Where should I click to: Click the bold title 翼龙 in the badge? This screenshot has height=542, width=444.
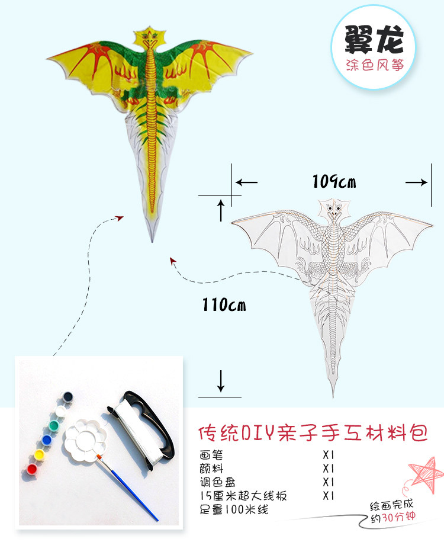point(375,42)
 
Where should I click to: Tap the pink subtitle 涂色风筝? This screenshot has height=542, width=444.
point(375,65)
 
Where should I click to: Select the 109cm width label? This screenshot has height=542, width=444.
point(334,181)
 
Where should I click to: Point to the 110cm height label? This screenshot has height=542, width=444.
point(223,305)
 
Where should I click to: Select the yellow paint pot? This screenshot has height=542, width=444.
point(40,455)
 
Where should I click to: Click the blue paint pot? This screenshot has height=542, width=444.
point(47,440)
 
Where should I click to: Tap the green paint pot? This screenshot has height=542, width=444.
point(54,425)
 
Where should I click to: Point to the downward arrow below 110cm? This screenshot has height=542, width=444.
point(221,381)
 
